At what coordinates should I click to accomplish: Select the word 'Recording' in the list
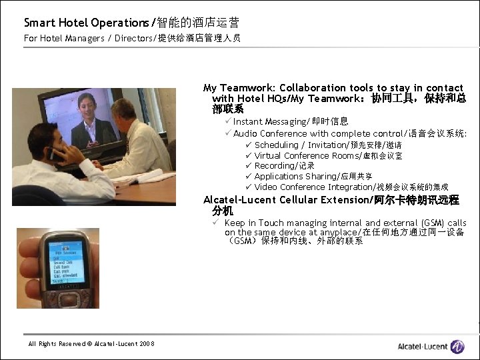[275, 165]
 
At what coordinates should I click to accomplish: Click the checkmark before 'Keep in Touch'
[216, 223]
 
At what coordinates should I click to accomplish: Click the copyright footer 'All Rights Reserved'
[91, 343]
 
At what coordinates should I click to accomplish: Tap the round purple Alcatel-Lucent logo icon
[457, 346]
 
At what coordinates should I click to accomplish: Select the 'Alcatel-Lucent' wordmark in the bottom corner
[422, 346]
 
